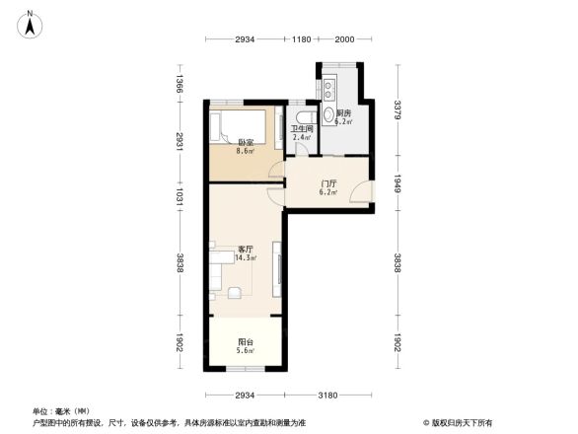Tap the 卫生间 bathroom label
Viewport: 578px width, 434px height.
pyautogui.click(x=302, y=128)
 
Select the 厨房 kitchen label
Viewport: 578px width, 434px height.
pyautogui.click(x=343, y=113)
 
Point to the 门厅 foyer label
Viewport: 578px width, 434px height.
pyautogui.click(x=329, y=183)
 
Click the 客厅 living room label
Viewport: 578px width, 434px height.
pyautogui.click(x=246, y=250)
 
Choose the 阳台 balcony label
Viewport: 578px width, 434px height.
pyautogui.click(x=246, y=342)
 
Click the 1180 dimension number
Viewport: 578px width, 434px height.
pyautogui.click(x=303, y=39)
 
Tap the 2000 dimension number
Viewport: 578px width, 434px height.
pyautogui.click(x=343, y=39)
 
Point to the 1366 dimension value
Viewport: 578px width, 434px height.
pyautogui.click(x=180, y=85)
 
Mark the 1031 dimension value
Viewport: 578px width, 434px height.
pyautogui.click(x=180, y=196)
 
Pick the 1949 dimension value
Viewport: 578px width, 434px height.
pyautogui.click(x=397, y=181)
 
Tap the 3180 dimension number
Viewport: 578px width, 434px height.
pyautogui.click(x=327, y=396)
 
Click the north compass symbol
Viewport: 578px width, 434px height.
pyautogui.click(x=31, y=23)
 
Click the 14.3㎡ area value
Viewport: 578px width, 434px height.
pyautogui.click(x=247, y=258)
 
